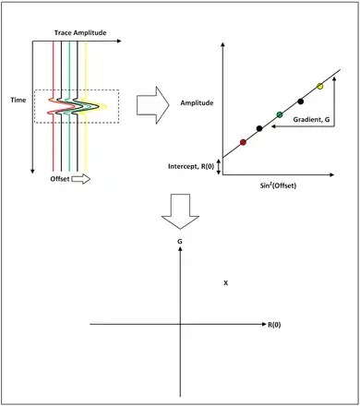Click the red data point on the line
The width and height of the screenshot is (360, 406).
243,142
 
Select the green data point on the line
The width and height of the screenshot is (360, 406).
280,114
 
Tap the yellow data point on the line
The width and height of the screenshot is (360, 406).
320,86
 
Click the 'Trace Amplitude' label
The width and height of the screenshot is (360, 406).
80,32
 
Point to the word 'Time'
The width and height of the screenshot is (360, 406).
18,100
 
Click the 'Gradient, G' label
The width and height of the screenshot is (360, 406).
311,120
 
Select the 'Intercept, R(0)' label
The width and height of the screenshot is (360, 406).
191,166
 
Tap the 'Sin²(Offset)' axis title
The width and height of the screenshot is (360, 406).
278,185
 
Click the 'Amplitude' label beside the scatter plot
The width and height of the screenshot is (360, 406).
197,102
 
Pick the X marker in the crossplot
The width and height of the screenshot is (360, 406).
226,283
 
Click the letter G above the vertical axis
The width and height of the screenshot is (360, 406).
180,242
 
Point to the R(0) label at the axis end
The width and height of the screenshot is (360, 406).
274,325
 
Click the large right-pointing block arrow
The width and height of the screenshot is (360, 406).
153,105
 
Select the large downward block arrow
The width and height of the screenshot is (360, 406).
180,211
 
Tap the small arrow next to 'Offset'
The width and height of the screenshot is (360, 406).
81,179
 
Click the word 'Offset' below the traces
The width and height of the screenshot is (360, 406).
60,179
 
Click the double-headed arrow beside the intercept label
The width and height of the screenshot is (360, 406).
219,167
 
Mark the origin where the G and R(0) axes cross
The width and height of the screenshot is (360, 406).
180,324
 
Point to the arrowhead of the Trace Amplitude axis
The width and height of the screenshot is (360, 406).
119,41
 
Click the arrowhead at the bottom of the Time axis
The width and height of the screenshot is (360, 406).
32,172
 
